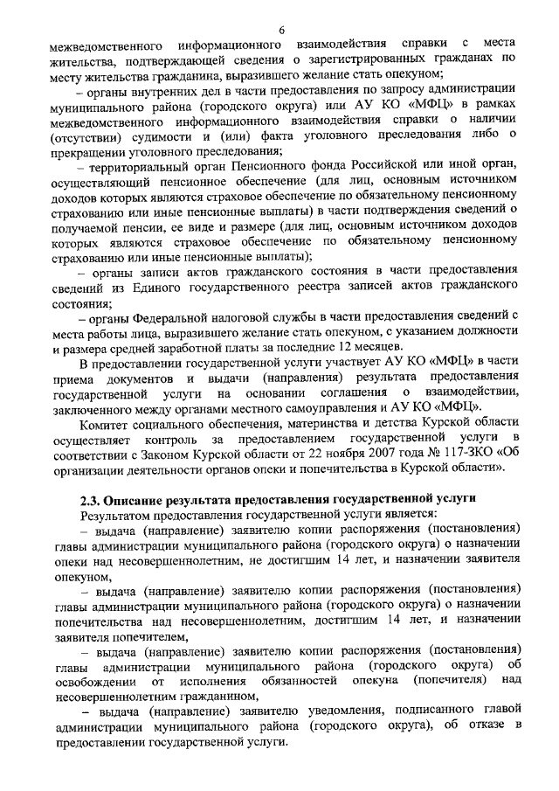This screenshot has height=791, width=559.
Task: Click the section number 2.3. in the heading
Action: click(90, 499)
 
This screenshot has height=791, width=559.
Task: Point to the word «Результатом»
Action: click(116, 515)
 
